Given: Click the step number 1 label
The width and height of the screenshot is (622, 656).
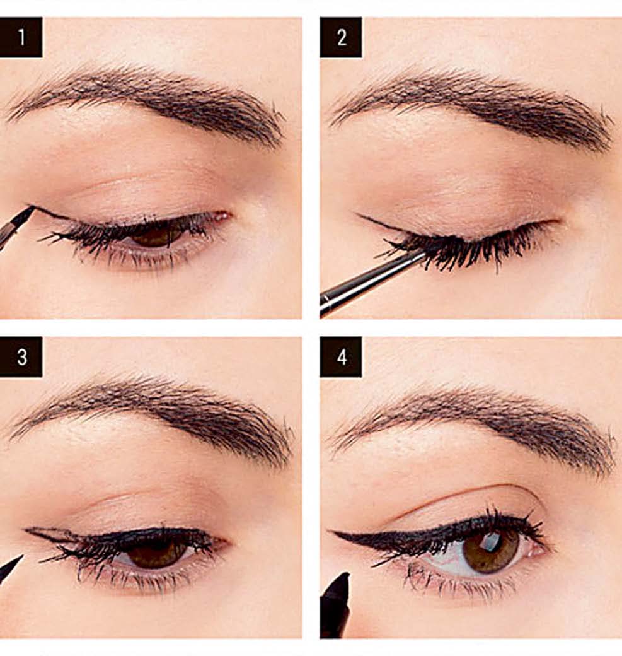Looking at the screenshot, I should [x=21, y=37].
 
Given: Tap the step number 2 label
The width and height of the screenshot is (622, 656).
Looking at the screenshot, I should [x=341, y=37].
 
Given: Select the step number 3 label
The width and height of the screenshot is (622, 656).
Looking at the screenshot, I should [x=21, y=356].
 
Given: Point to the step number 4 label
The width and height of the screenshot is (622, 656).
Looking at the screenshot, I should [x=341, y=356].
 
